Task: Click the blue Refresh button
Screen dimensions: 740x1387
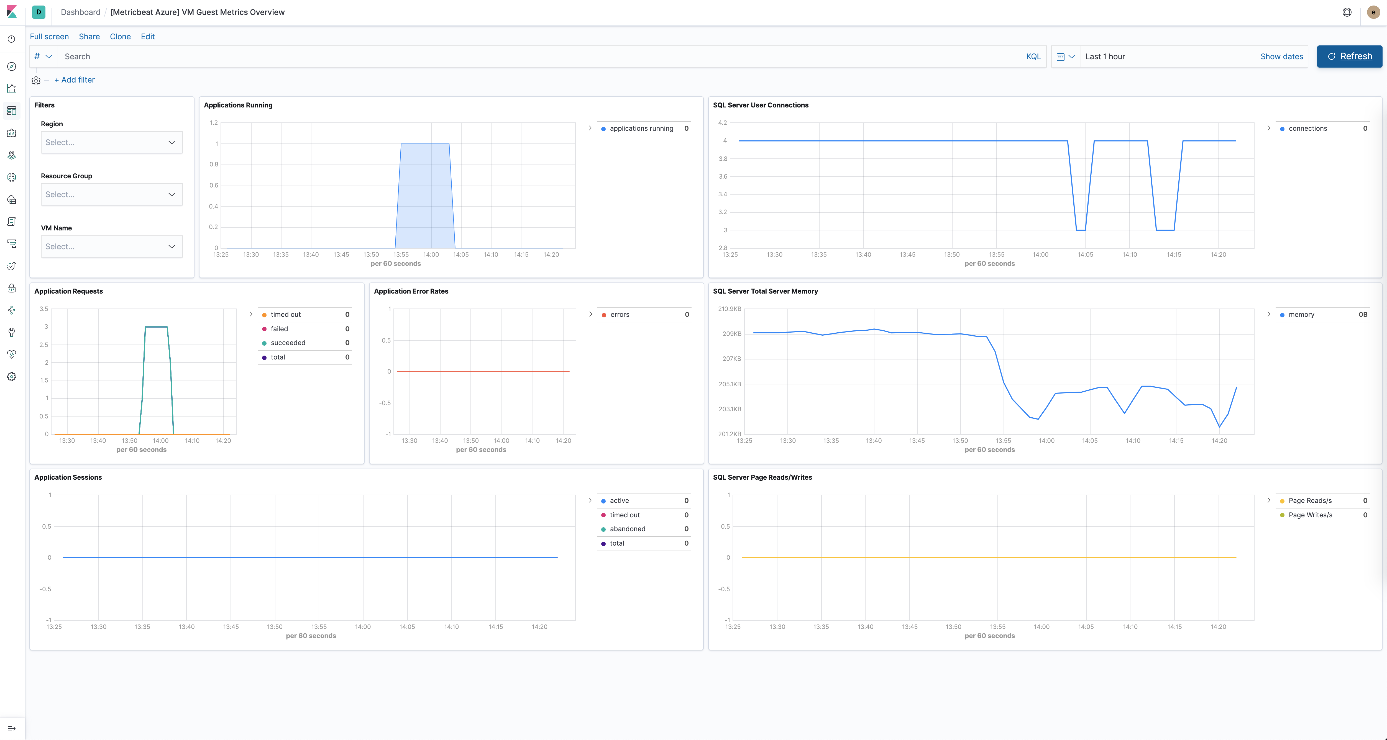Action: pos(1349,56)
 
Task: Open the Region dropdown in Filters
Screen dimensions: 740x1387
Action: pos(111,143)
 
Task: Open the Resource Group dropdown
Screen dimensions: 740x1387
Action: pos(111,195)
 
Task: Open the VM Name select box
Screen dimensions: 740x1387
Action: pos(111,246)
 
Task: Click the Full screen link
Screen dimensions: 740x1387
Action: pos(49,37)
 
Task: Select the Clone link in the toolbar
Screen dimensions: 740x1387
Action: pos(120,37)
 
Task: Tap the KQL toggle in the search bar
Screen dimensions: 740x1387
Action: pos(1033,56)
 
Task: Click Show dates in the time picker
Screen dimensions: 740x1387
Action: pos(1281,56)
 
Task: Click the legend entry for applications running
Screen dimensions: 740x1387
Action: pos(641,129)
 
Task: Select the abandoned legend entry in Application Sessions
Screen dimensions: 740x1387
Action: pos(627,529)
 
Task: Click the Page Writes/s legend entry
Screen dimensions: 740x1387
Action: pos(1310,515)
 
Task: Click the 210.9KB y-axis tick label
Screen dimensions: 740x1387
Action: pos(730,309)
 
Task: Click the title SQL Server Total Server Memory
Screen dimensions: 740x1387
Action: pos(765,291)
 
